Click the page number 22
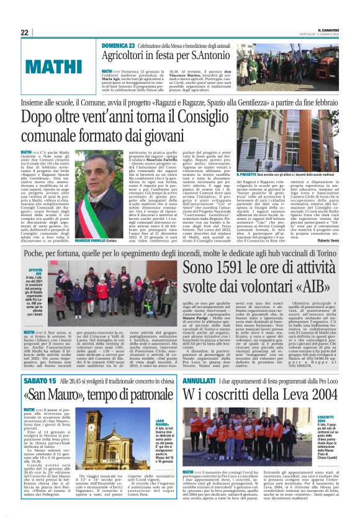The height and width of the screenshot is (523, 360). (24, 32)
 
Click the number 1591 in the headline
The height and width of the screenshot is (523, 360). (233, 268)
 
